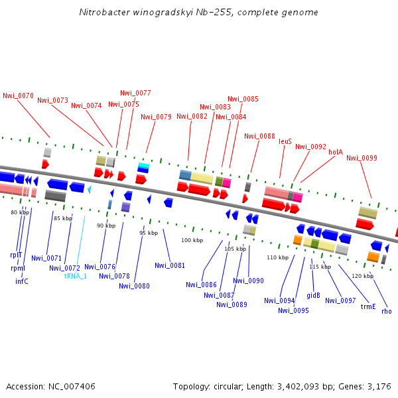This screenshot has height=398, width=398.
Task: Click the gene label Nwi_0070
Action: (x=18, y=96)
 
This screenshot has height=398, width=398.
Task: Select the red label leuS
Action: (x=285, y=141)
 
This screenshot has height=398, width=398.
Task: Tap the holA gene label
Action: (x=336, y=152)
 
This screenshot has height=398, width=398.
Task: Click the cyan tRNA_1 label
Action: (x=75, y=275)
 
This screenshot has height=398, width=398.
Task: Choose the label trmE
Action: (x=368, y=306)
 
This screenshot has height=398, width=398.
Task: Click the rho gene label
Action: (x=387, y=311)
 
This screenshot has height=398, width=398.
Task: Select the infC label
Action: (x=22, y=281)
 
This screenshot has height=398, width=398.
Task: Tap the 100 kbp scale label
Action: (x=192, y=240)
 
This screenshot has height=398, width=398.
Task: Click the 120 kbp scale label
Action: (x=362, y=276)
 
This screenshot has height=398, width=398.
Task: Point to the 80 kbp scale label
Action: (x=20, y=212)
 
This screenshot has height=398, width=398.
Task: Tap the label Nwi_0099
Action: (x=362, y=158)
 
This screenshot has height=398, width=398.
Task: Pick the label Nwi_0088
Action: (x=259, y=136)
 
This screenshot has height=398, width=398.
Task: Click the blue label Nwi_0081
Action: (x=170, y=265)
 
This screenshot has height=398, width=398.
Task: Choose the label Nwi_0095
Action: (x=293, y=310)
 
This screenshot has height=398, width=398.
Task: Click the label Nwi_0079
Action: (x=156, y=117)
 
